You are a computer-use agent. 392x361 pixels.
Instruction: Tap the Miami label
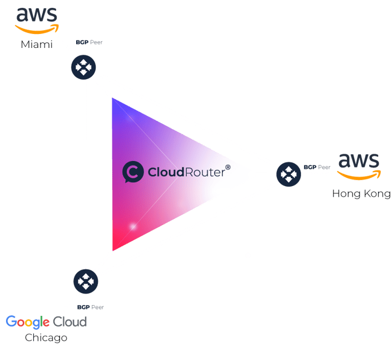(x=37, y=44)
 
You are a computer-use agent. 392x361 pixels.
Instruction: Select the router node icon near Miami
(x=83, y=67)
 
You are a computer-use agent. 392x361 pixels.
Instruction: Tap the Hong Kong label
(x=361, y=194)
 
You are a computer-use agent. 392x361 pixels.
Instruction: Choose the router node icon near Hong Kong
(x=289, y=174)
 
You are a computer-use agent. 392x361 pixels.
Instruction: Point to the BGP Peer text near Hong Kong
(x=317, y=166)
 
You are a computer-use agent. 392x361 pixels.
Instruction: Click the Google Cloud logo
(x=47, y=322)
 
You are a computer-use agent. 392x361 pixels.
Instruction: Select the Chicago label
(x=46, y=338)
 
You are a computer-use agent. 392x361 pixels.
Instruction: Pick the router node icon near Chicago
(x=85, y=281)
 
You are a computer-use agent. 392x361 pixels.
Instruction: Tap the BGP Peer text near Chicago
(x=91, y=307)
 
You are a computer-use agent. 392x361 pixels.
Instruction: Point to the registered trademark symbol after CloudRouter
(x=227, y=165)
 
